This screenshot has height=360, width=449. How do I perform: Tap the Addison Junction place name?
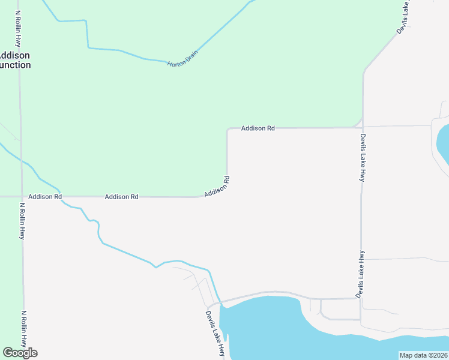coord(15,60)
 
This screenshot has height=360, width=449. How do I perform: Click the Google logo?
coord(20,353)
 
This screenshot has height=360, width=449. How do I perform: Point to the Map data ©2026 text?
coord(423,355)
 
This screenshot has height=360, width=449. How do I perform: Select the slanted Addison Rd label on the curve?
coord(217,187)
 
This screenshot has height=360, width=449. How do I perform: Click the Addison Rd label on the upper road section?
coord(258,128)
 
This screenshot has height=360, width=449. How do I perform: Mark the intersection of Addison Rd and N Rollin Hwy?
coord(21,196)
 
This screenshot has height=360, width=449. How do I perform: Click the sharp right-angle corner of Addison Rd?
coord(228,129)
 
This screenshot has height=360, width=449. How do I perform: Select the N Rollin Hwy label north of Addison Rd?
coord(18,29)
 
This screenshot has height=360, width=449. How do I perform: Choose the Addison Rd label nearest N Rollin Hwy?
coord(45,196)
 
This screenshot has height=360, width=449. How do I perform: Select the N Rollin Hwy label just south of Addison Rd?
coord(22,221)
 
